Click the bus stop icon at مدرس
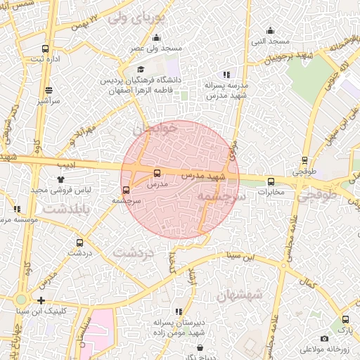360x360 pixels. [156, 173]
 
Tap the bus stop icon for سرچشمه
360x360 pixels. [127, 189]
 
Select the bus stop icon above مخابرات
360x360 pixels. [271, 181]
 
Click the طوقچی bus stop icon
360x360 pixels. [304, 160]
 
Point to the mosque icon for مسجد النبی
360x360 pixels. [271, 30]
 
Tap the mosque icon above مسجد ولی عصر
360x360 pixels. [156, 38]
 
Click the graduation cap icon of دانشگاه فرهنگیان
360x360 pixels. [141, 70]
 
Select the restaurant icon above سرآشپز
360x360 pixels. [49, 91]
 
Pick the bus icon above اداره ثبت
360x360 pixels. [46, 49]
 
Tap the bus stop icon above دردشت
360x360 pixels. [78, 241]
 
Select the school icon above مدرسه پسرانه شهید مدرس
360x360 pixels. [226, 74]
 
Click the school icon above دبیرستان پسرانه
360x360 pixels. [179, 311]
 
